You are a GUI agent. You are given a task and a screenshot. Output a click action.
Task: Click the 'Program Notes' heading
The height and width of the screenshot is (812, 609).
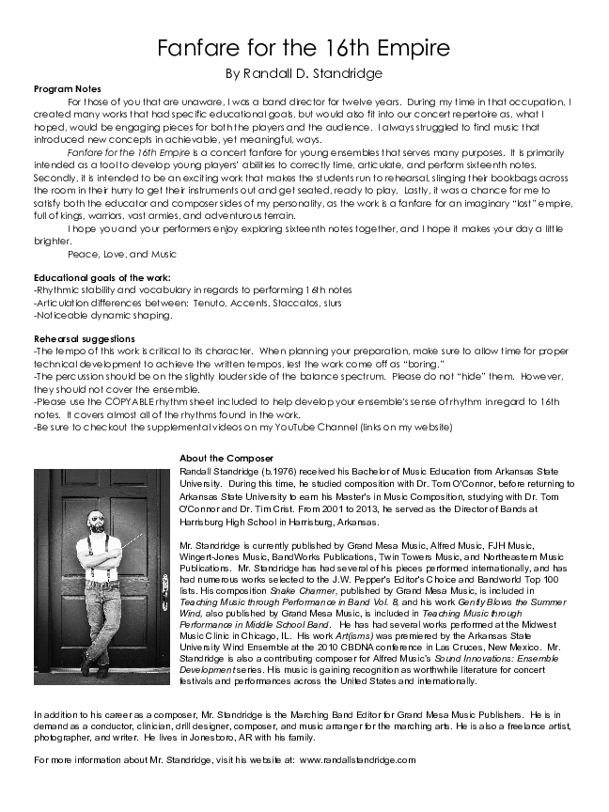[x=60, y=87]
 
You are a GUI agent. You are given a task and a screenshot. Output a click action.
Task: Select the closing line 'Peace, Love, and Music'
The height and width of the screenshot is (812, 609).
[x=122, y=254]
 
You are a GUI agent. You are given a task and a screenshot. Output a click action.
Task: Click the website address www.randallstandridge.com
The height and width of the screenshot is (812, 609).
[x=357, y=759]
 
